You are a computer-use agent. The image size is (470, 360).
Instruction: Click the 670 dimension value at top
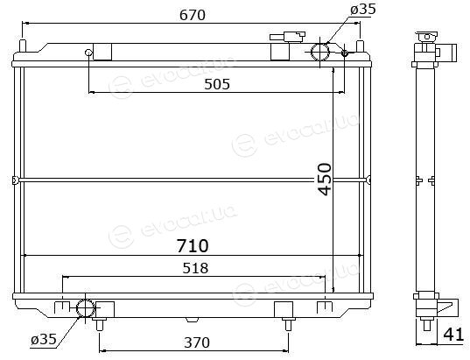(193, 15)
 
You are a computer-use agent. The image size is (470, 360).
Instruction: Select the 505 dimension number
(217, 84)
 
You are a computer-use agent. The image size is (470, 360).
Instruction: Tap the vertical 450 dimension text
(325, 179)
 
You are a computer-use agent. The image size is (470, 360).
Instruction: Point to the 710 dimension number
(193, 246)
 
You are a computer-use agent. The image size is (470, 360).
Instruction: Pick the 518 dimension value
(195, 268)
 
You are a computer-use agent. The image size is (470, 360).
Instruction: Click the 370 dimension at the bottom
(197, 342)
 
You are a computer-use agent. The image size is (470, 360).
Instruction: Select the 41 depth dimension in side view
(452, 335)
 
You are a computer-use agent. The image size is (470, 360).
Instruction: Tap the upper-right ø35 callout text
(363, 10)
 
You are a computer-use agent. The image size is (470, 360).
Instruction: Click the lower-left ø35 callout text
(44, 339)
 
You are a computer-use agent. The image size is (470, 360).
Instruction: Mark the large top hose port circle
(320, 52)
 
